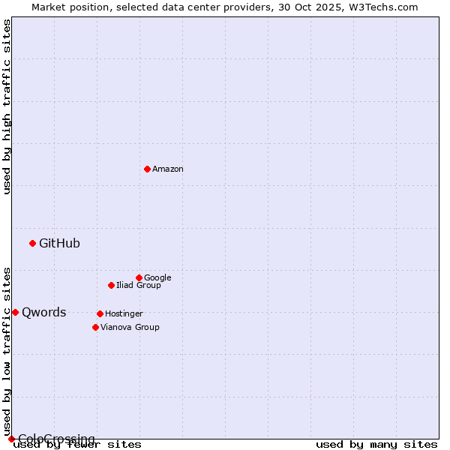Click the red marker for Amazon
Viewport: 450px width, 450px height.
coord(147,169)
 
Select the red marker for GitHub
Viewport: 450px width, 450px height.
coord(32,243)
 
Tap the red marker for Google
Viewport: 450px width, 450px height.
coord(139,277)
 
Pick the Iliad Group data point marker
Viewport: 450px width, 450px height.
coord(111,285)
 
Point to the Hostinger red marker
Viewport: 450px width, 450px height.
coord(100,313)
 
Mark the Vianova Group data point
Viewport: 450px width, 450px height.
coord(95,327)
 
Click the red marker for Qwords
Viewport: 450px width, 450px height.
coord(15,312)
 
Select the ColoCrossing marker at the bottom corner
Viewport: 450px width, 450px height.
coord(11,439)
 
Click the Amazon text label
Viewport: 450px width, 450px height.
coord(168,169)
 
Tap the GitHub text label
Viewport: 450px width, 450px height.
coord(59,243)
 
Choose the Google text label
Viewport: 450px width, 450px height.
coord(157,277)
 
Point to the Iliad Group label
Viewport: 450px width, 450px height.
coord(139,285)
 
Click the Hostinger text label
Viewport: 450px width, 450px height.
coord(124,313)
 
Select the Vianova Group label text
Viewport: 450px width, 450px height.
coord(130,327)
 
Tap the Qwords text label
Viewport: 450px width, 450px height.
coord(43,313)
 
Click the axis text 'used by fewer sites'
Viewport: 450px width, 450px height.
coord(77,445)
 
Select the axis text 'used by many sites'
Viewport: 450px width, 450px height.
coord(376,445)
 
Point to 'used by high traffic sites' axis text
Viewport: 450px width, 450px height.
coord(7,106)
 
